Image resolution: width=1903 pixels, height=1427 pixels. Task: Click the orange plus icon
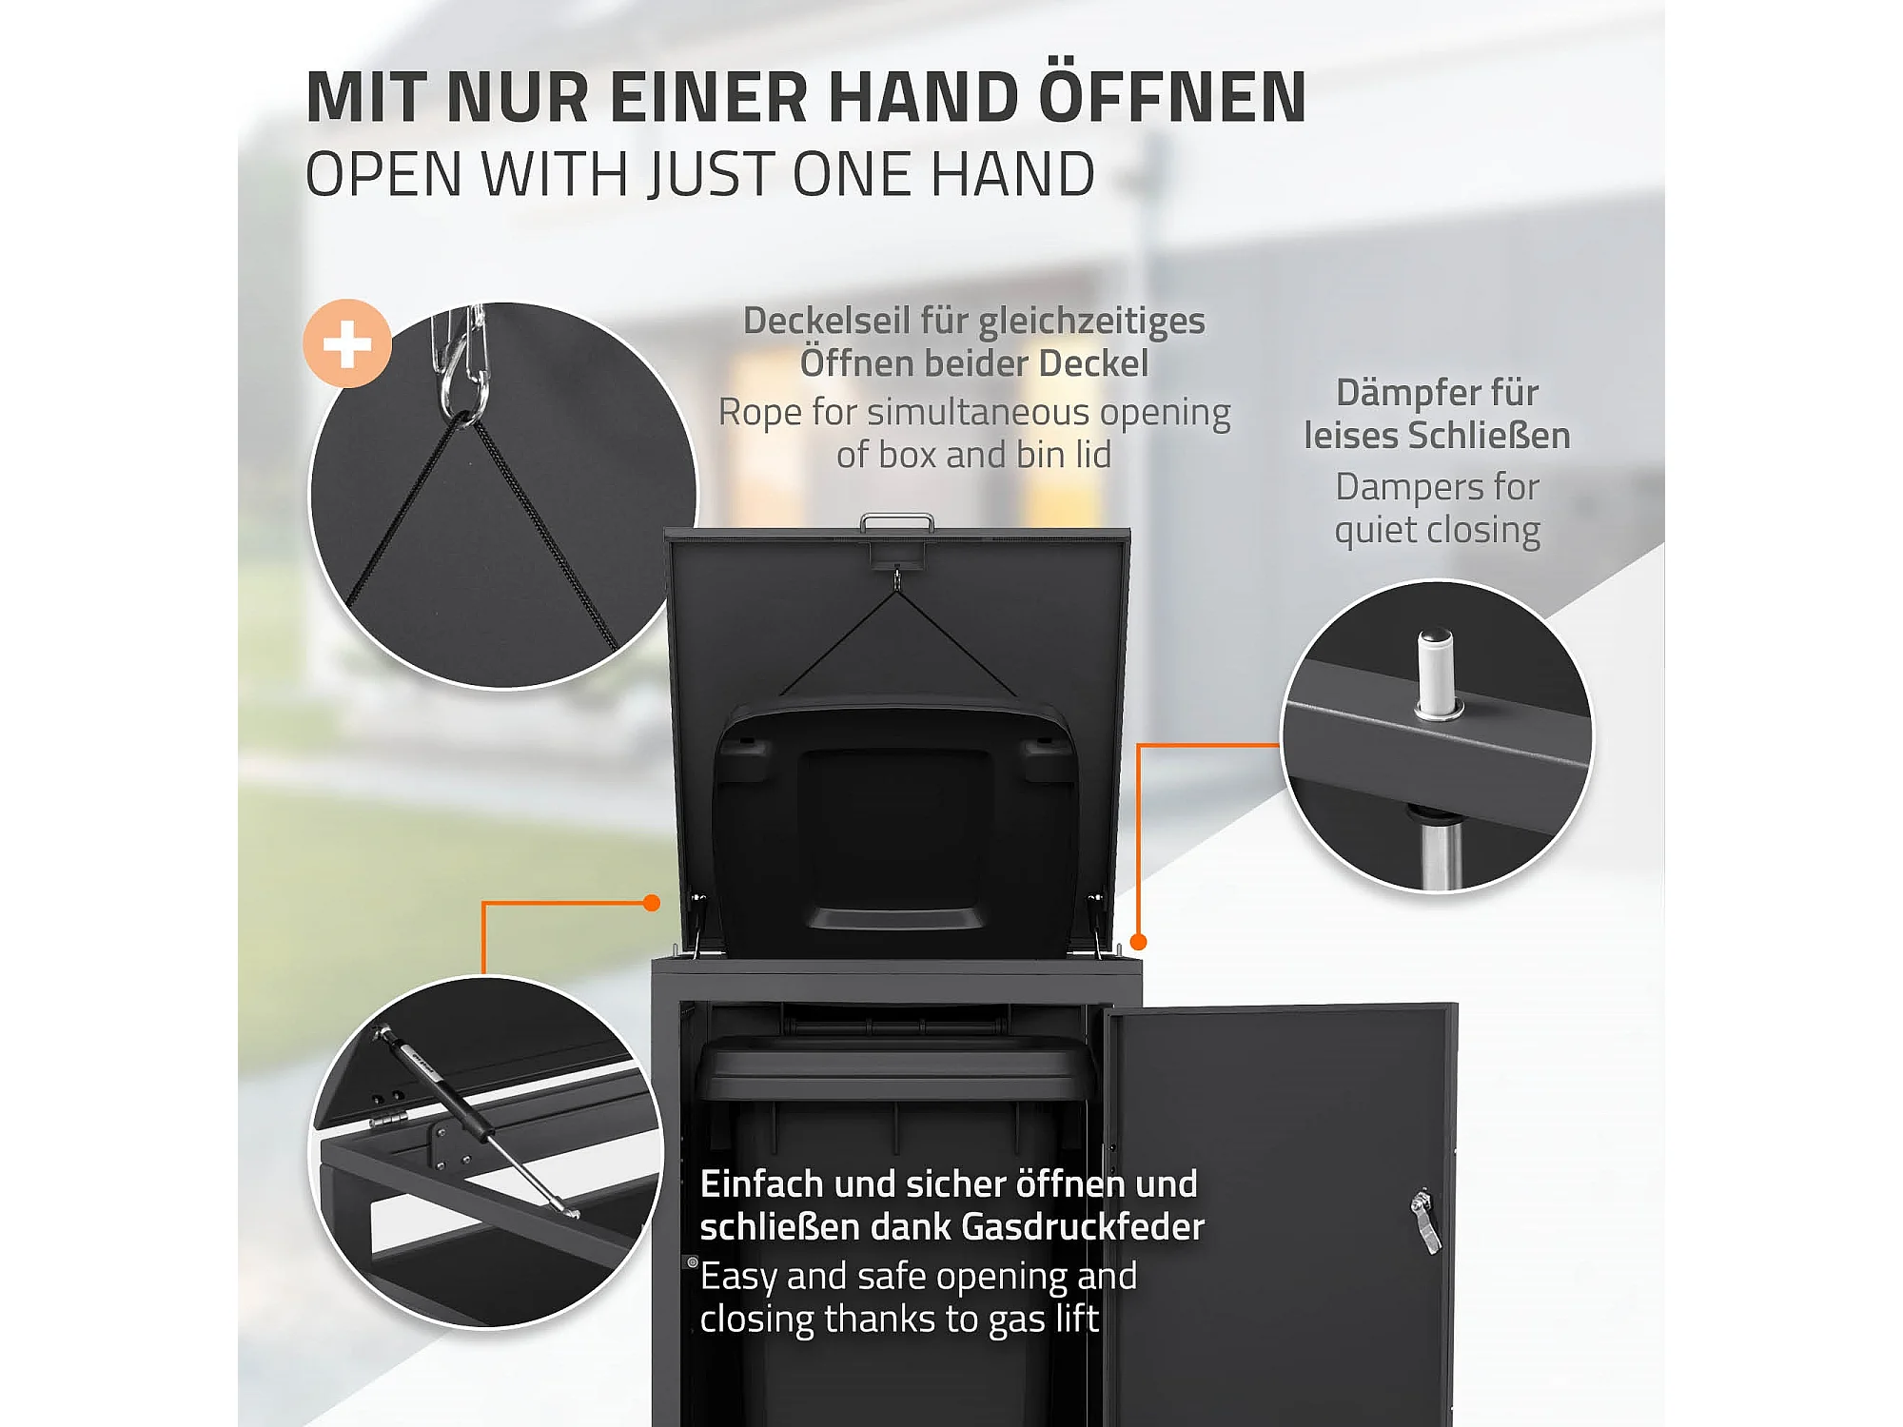point(347,343)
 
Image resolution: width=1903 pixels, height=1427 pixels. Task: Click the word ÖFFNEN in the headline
point(1172,97)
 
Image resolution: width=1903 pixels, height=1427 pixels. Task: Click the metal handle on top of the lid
point(896,522)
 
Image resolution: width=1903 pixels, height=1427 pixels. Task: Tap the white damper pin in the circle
point(1436,674)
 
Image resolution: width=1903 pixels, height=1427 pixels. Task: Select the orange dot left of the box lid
point(652,903)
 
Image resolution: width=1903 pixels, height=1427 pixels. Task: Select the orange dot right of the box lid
point(1138,942)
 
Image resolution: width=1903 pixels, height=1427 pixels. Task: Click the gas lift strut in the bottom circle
point(476,1121)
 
